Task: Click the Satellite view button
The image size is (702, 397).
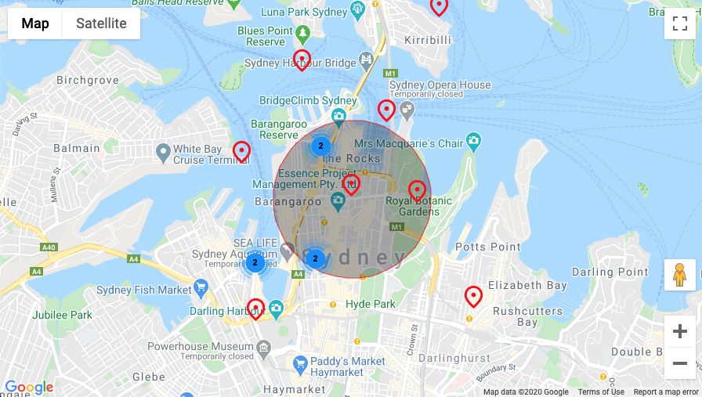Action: pyautogui.click(x=101, y=23)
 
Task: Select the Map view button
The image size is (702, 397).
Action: pyautogui.click(x=35, y=23)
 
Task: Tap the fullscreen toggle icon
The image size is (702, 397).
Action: pyautogui.click(x=679, y=23)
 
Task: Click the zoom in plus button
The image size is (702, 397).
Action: pyautogui.click(x=679, y=331)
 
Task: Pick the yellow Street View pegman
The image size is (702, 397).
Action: pyautogui.click(x=679, y=275)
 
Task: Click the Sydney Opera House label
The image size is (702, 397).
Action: pyautogui.click(x=440, y=85)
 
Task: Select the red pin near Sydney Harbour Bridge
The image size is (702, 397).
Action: pyautogui.click(x=302, y=59)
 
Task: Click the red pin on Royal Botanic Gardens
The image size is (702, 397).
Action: pyautogui.click(x=418, y=189)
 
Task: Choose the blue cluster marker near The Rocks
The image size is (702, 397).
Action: pyautogui.click(x=320, y=146)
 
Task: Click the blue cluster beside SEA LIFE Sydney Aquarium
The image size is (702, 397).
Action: pyautogui.click(x=255, y=262)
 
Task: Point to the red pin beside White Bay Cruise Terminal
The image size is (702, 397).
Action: pyautogui.click(x=242, y=150)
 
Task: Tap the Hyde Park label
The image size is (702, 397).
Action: pyautogui.click(x=371, y=304)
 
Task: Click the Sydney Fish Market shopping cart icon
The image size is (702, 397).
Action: pyautogui.click(x=201, y=289)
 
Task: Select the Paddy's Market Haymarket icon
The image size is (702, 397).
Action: pyautogui.click(x=299, y=363)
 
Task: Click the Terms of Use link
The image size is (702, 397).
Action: pyautogui.click(x=601, y=392)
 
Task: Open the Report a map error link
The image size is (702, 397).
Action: pyautogui.click(x=666, y=392)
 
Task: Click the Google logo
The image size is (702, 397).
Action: pyautogui.click(x=29, y=387)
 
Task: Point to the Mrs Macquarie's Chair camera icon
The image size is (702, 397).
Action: pyautogui.click(x=473, y=142)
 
